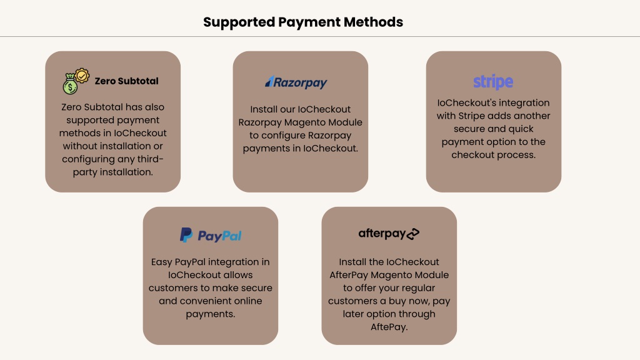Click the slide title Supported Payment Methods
point(303,22)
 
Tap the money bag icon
point(70,84)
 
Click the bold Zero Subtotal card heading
point(126,81)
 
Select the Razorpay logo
point(296,82)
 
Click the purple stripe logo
point(493,82)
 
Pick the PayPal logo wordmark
point(219,236)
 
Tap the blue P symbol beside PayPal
point(186,235)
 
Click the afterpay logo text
point(382,234)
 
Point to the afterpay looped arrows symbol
point(413,234)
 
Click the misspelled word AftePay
point(389,327)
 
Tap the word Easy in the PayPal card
point(161,262)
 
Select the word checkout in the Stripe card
point(470,155)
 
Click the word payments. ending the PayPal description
point(210,314)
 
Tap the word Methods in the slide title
point(374,22)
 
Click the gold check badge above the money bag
point(82,76)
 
